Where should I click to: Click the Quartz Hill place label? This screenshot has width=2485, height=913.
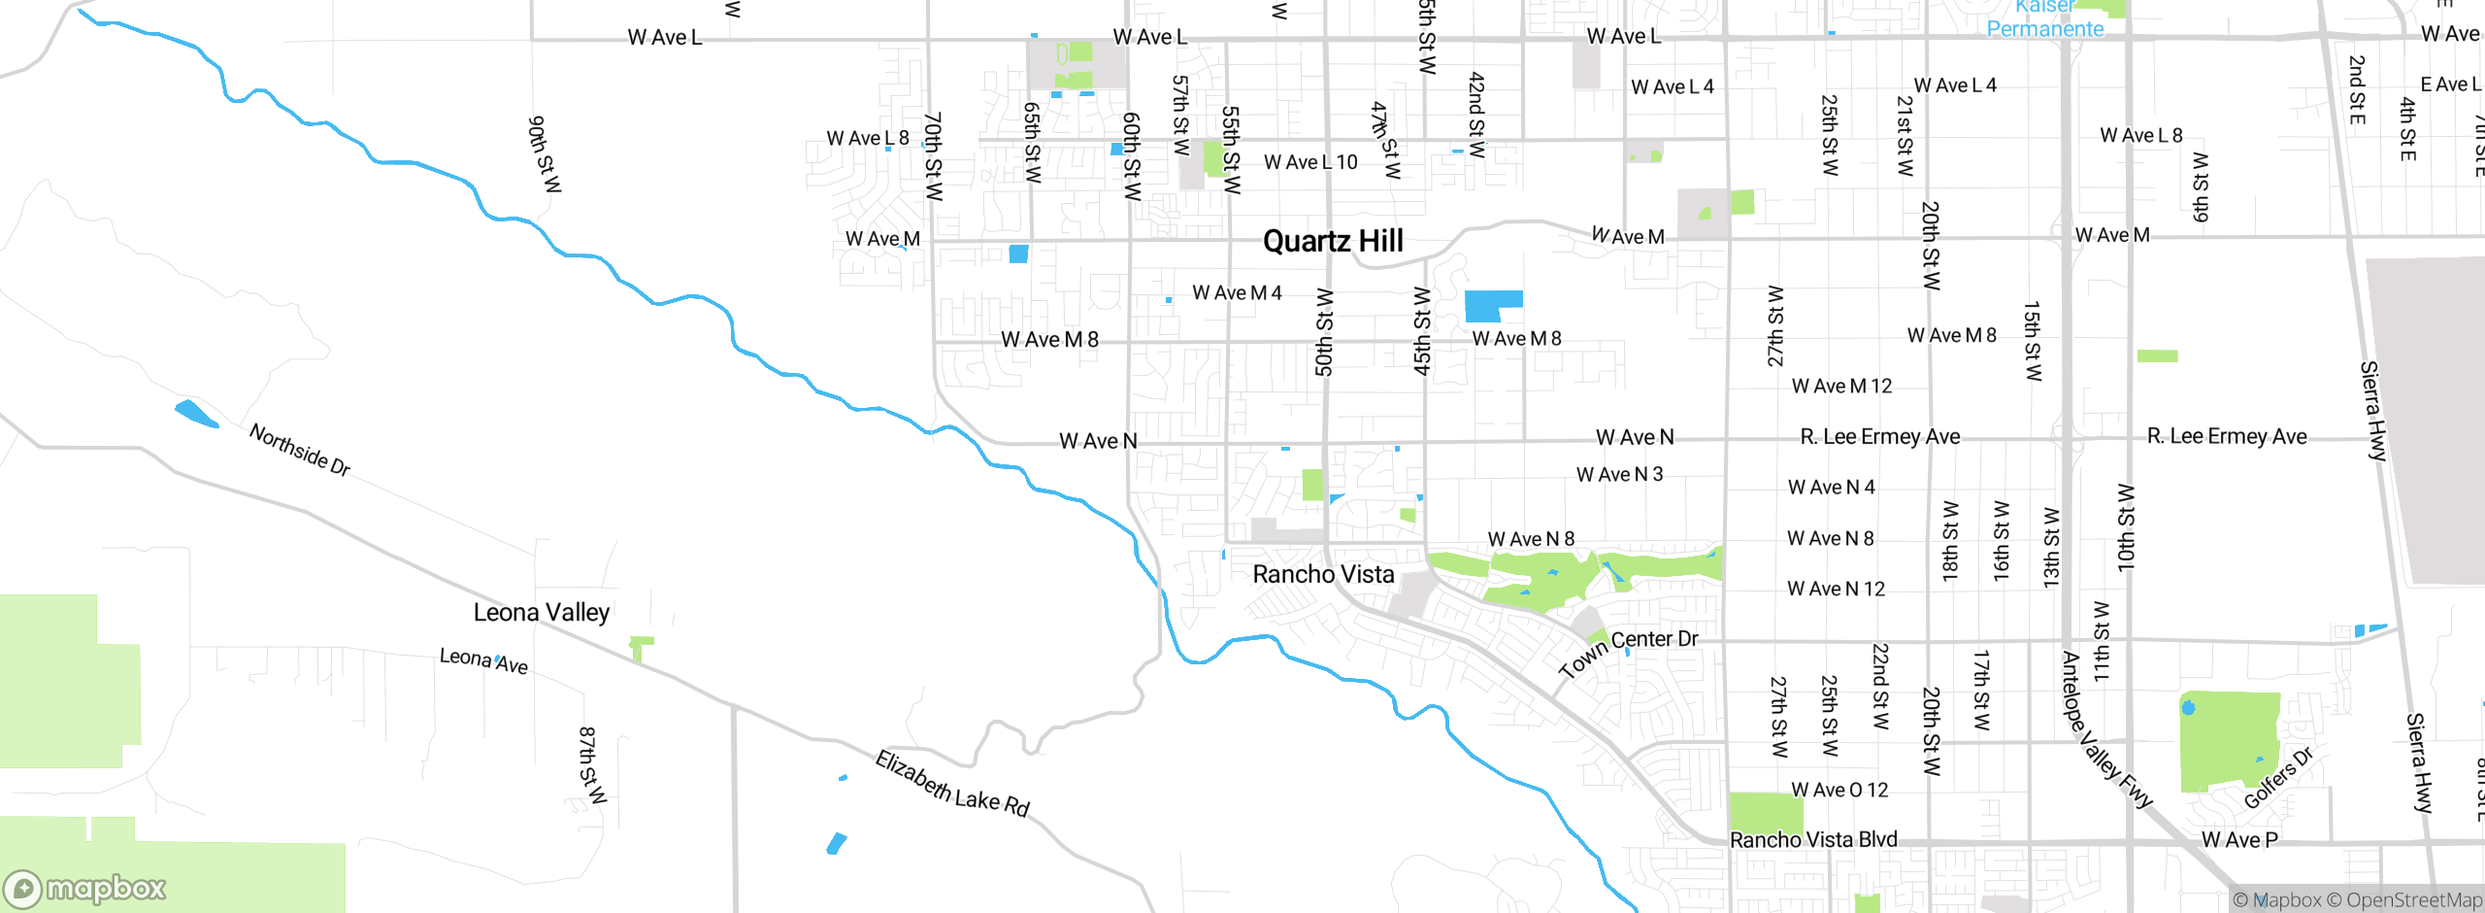[x=1333, y=241]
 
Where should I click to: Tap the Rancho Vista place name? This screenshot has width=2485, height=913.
[x=1323, y=574]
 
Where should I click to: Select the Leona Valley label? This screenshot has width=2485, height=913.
[x=542, y=612]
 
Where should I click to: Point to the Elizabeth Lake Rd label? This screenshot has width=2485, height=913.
[x=952, y=784]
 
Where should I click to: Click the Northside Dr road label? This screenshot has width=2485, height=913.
[x=299, y=450]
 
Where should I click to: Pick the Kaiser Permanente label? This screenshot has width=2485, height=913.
[x=2044, y=19]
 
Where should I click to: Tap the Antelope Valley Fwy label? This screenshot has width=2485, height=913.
[x=2105, y=730]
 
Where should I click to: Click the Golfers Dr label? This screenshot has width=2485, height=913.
[x=2279, y=778]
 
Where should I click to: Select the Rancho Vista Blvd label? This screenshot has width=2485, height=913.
[x=1813, y=839]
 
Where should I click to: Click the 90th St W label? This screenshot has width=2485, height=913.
[x=545, y=154]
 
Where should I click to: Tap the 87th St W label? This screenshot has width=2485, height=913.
[x=591, y=764]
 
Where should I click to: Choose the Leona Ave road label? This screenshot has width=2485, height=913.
[x=483, y=660]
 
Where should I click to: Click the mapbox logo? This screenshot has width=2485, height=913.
[x=85, y=888]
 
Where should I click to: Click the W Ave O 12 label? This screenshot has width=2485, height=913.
[x=1839, y=790]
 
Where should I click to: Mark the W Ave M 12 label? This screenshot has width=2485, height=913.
[x=1841, y=386]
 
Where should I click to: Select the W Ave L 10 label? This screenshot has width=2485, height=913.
[x=1310, y=162]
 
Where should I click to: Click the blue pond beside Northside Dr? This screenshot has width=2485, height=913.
[x=197, y=414]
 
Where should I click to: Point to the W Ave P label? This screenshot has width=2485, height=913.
[x=2239, y=839]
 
